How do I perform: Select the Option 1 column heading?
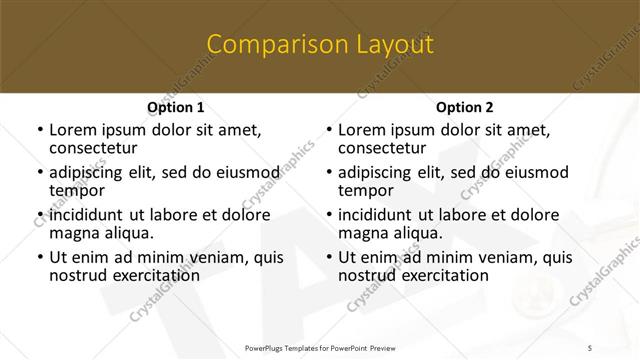point(175,107)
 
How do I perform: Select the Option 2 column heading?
point(465,107)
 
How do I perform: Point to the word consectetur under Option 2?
point(384,148)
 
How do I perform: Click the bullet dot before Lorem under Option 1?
point(39,130)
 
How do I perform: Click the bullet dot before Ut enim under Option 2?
point(328,257)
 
